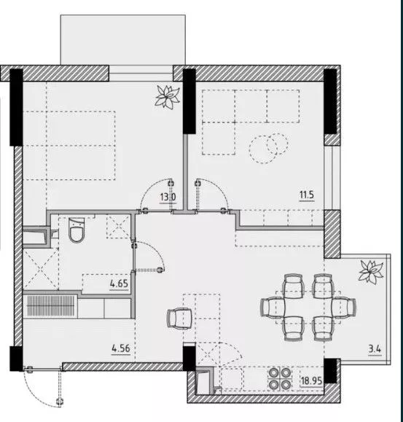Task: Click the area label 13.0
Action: (x=168, y=197)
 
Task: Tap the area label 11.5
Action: (x=307, y=195)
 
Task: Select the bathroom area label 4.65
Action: (x=119, y=284)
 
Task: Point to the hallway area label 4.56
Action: (x=121, y=348)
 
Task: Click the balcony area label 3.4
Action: (x=375, y=349)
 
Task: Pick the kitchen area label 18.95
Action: (x=311, y=380)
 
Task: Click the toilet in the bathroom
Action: (x=77, y=230)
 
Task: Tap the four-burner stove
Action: (x=280, y=379)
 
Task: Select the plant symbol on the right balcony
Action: (x=371, y=272)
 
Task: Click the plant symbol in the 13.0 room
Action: (x=167, y=97)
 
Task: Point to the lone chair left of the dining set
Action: (x=179, y=319)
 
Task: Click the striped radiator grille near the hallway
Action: (x=50, y=306)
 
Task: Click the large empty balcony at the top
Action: (x=123, y=40)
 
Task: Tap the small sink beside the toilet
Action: (x=54, y=234)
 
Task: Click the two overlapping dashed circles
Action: (x=268, y=148)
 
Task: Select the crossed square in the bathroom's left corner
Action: (x=41, y=269)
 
